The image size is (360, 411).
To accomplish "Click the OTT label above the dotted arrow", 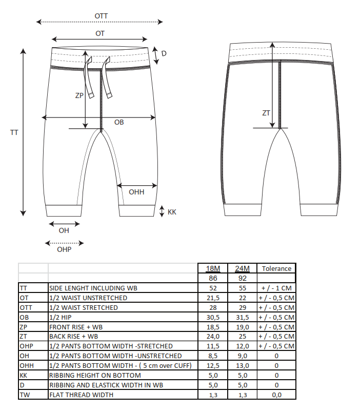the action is [x=101, y=16].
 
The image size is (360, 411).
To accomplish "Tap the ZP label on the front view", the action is [x=79, y=95].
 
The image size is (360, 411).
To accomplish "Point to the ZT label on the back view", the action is [x=266, y=113].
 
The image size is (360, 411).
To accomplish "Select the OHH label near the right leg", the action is [x=136, y=192].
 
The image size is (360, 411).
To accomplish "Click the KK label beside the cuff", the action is [x=172, y=212].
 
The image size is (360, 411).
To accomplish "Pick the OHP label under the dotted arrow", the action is [x=64, y=249].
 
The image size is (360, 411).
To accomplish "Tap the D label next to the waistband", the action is [x=164, y=53].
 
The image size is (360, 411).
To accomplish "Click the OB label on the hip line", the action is [x=119, y=122].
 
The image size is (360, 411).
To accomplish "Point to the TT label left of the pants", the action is [x=14, y=132].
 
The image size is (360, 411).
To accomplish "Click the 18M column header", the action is [x=213, y=268].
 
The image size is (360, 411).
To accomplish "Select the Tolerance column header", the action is [x=276, y=268].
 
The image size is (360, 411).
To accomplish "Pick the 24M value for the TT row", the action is [x=243, y=288].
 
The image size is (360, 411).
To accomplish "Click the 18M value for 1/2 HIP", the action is [x=213, y=318].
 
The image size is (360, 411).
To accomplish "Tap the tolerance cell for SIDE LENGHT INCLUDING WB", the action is [x=276, y=288].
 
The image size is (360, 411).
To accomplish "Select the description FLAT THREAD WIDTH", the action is [x=81, y=395].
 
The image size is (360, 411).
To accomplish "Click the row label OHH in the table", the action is [x=27, y=365].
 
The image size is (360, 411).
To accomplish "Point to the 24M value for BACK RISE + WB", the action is [x=243, y=336].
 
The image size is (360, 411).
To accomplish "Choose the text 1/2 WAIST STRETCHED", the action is [x=84, y=307].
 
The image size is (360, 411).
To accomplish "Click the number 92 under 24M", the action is [x=243, y=278].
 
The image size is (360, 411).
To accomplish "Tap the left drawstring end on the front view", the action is [x=91, y=95].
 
